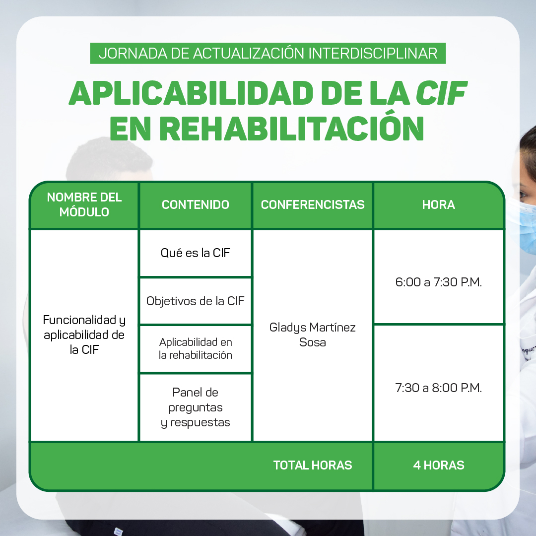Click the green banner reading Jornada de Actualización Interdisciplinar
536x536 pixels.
pyautogui.click(x=268, y=53)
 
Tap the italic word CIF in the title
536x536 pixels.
pyautogui.click(x=441, y=93)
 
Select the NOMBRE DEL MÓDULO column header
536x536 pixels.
pyautogui.click(x=84, y=205)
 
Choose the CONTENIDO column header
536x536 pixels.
pyautogui.click(x=196, y=205)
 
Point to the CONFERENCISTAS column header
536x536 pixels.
pyautogui.click(x=313, y=205)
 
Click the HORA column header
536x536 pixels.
pyautogui.click(x=439, y=205)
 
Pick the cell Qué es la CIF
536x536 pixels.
pyautogui.click(x=196, y=253)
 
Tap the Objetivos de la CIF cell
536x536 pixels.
pyautogui.click(x=196, y=301)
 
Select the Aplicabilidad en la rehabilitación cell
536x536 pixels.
pyautogui.click(x=196, y=349)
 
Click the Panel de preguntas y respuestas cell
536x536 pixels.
pyautogui.click(x=196, y=407)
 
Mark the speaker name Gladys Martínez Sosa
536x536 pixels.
pyautogui.click(x=313, y=335)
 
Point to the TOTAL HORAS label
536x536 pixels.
pyautogui.click(x=313, y=465)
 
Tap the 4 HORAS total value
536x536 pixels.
pyautogui.click(x=439, y=465)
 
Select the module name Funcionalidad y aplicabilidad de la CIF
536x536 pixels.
pyautogui.click(x=84, y=335)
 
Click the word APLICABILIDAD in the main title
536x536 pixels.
pyautogui.click(x=191, y=93)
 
